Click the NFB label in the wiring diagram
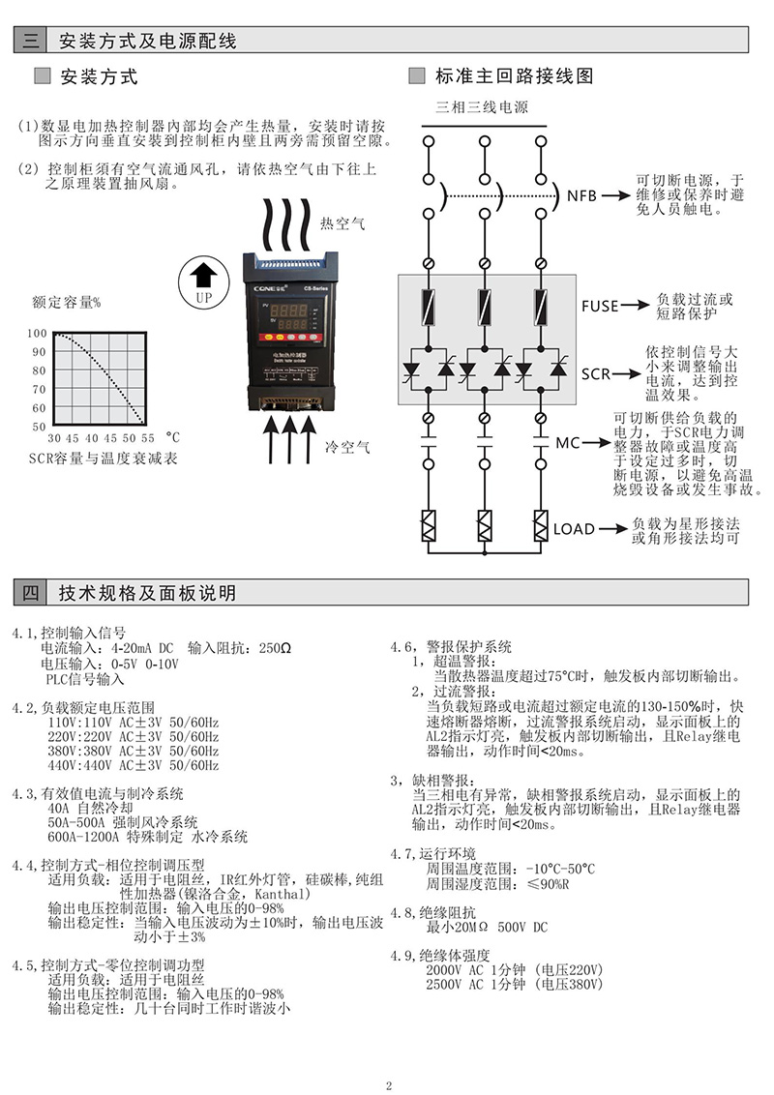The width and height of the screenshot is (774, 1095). [x=582, y=196]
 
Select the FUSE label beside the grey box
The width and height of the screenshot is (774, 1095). [x=599, y=306]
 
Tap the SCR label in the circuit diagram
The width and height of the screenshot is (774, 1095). [x=595, y=373]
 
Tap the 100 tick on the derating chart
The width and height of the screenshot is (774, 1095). [x=37, y=334]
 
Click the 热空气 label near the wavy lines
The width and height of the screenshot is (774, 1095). [x=342, y=223]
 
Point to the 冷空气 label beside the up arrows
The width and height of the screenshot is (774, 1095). [x=347, y=447]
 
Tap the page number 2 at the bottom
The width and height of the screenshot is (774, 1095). [x=388, y=1084]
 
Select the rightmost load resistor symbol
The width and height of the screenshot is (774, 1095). [x=541, y=528]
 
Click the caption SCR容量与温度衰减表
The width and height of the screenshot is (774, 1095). [x=103, y=458]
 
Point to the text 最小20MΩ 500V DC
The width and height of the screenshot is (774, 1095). [x=487, y=928]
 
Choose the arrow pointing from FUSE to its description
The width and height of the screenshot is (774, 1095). [x=635, y=306]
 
